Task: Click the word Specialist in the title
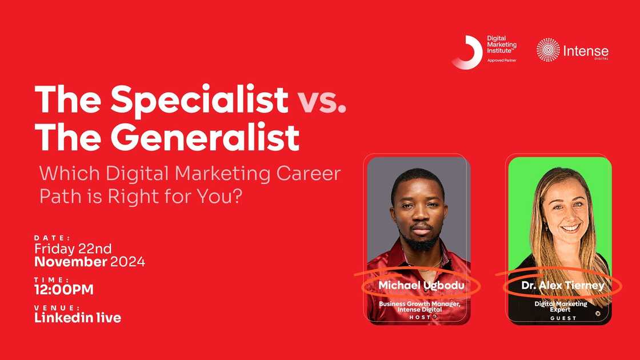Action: [199, 99]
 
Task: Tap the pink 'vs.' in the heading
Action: [322, 101]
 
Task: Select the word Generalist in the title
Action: [205, 138]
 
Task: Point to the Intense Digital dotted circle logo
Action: [548, 50]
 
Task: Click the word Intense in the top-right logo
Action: [586, 50]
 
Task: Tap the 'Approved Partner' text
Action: [501, 60]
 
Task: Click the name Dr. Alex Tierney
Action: [563, 285]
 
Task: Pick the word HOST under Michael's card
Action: [419, 317]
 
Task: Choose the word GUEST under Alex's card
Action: [563, 318]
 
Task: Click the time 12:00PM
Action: [64, 290]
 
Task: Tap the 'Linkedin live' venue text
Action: [78, 318]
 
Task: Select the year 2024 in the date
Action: [127, 262]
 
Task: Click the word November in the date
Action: [71, 262]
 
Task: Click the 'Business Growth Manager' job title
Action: [419, 303]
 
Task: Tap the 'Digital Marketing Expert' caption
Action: [561, 307]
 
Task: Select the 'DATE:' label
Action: [52, 238]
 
